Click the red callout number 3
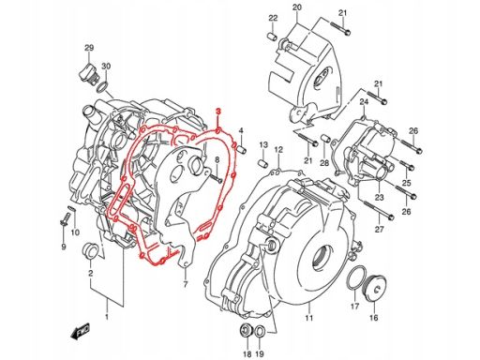[x=218, y=112]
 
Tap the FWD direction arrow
[x=81, y=331]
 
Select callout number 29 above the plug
[x=89, y=48]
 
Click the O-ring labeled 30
[x=103, y=87]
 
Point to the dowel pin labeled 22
[x=272, y=37]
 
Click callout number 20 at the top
[x=297, y=7]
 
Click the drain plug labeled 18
[x=246, y=331]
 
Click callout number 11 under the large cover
[x=309, y=318]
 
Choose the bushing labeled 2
[x=90, y=250]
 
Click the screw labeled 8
[x=217, y=178]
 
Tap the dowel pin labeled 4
[x=242, y=149]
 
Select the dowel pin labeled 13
[x=263, y=163]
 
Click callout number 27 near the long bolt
[x=379, y=230]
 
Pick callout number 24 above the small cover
[x=364, y=102]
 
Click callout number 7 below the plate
[x=186, y=285]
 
